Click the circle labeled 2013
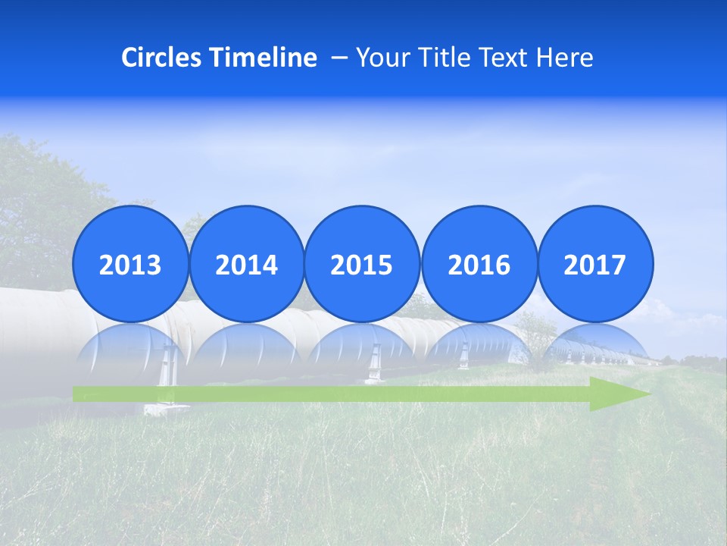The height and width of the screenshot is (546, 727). [130, 265]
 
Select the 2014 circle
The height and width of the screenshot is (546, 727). [246, 265]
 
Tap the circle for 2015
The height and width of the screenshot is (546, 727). [362, 265]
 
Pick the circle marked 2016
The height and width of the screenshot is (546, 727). [479, 265]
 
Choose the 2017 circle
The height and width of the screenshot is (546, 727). [594, 265]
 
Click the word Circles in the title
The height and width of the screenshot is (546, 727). [161, 58]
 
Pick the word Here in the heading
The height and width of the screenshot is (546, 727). [566, 58]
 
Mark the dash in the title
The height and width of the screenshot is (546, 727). [340, 58]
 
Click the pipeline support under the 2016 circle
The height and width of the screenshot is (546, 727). [463, 356]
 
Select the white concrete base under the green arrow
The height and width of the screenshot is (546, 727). [166, 409]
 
